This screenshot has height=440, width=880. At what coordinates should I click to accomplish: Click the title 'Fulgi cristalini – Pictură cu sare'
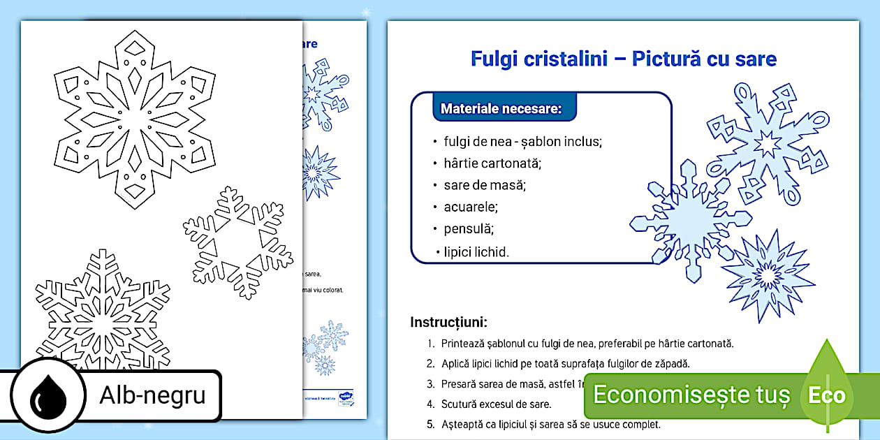[623, 59]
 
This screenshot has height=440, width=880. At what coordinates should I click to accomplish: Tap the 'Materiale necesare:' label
[501, 109]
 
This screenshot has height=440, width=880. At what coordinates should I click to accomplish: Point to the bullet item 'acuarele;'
[471, 207]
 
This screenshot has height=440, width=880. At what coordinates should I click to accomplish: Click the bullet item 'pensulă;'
[469, 228]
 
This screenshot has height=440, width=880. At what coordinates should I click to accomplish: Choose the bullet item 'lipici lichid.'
[476, 251]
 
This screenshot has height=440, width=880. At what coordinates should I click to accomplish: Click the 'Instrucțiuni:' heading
[448, 323]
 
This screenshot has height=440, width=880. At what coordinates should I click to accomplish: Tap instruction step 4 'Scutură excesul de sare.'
[496, 404]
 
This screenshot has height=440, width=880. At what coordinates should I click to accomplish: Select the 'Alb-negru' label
[152, 395]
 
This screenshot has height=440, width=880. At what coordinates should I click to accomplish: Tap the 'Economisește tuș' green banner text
[691, 395]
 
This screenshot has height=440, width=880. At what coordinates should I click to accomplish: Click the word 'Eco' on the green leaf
[827, 395]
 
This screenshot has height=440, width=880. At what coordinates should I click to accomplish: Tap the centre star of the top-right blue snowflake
[766, 145]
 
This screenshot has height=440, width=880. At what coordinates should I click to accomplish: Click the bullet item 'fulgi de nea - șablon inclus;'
[522, 142]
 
